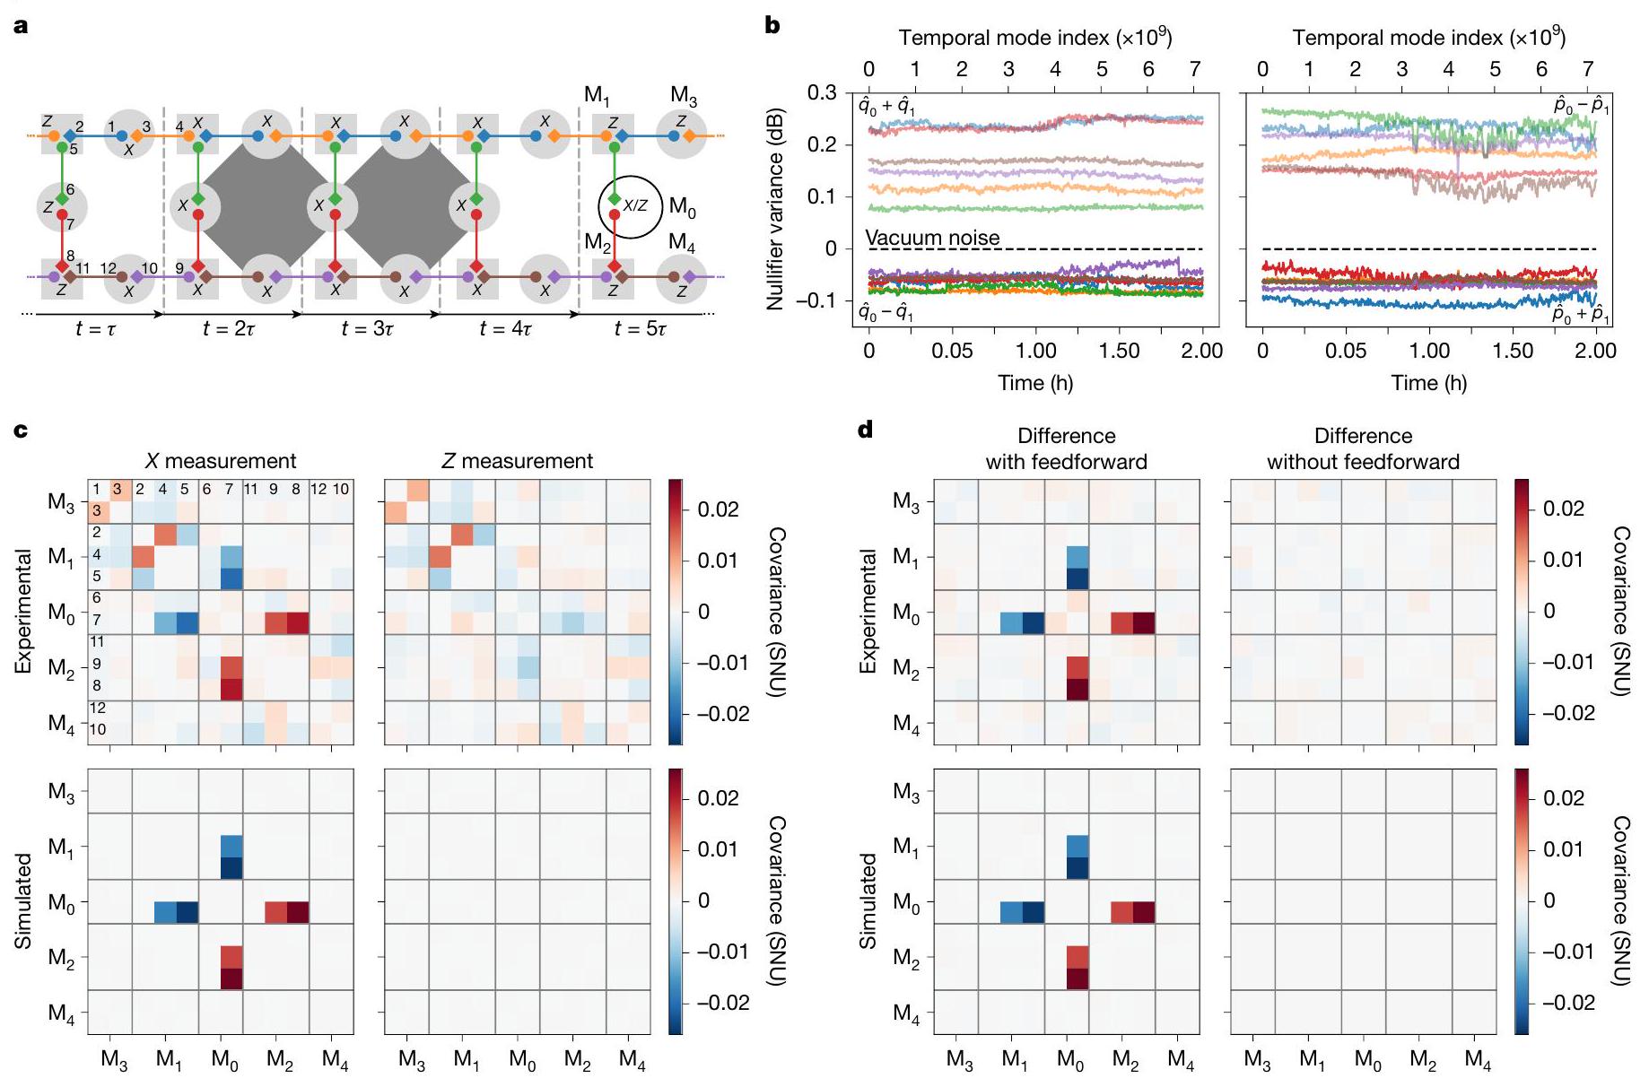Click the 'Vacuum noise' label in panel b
[932, 238]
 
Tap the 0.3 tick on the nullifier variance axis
[822, 93]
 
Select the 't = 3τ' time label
[367, 328]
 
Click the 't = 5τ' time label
[641, 328]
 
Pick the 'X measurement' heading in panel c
[221, 461]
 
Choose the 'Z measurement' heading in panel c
[518, 461]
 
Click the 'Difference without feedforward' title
[1363, 448]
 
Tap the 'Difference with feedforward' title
[1066, 448]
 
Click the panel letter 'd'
[866, 430]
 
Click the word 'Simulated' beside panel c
[24, 900]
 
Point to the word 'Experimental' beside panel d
[868, 612]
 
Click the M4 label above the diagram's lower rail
[682, 243]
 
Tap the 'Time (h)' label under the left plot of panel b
[1035, 383]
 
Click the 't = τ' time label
[95, 328]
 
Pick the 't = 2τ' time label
[229, 328]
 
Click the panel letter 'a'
[21, 25]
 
